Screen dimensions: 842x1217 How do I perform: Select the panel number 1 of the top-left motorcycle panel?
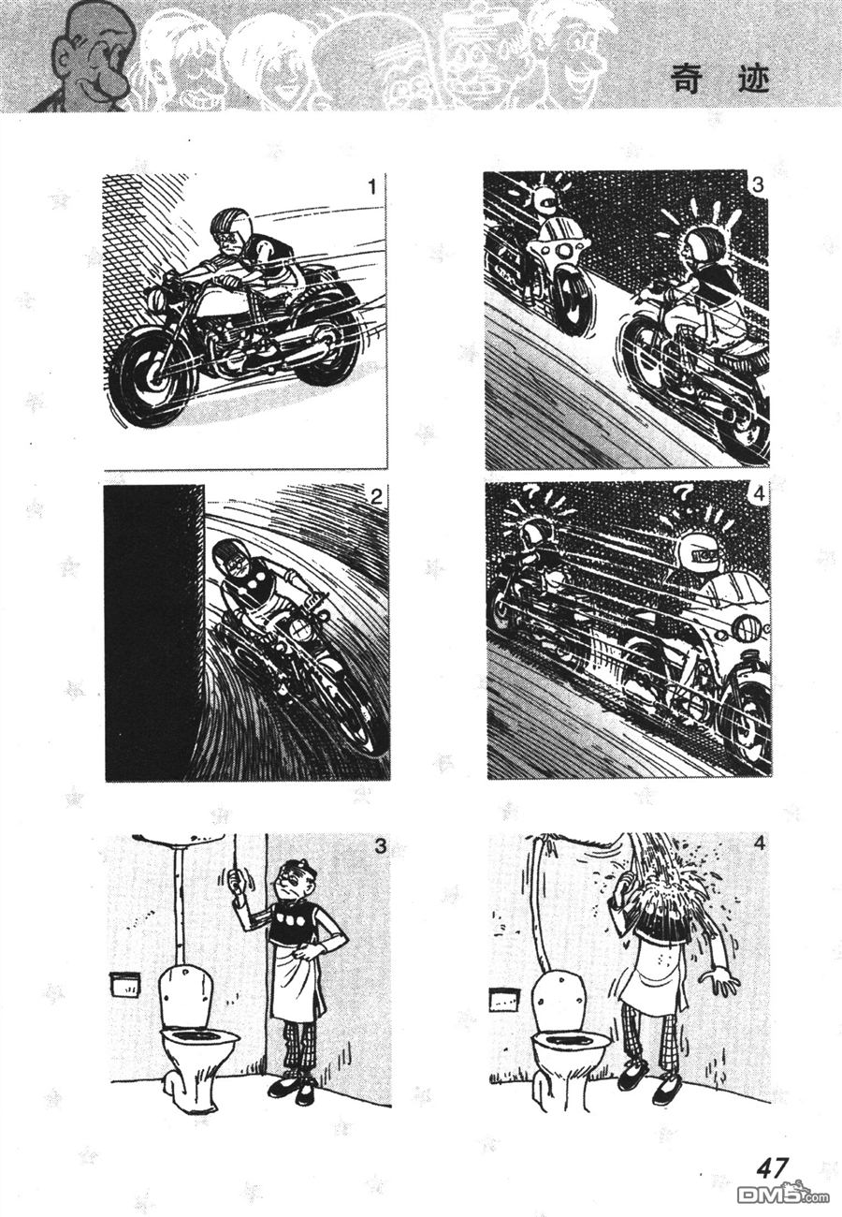coord(371,187)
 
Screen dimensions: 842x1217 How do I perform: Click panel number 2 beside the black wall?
coord(376,495)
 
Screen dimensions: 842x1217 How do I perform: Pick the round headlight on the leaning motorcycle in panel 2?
coord(299,631)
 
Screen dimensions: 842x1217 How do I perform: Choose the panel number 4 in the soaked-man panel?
coord(760,843)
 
